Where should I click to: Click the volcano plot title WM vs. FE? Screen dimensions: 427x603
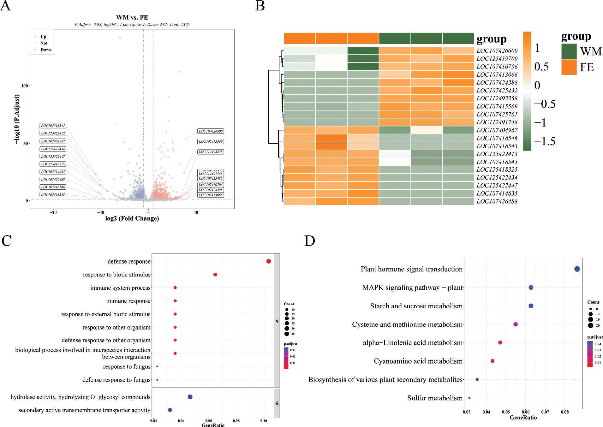coord(132,18)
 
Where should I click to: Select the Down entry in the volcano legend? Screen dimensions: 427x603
coord(46,50)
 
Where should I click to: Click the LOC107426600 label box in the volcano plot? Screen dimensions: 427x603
coord(211,131)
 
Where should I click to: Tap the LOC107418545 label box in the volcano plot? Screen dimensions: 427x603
coord(53,126)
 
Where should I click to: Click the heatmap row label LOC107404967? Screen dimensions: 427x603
coord(497,130)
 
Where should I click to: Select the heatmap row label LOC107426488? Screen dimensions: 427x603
coord(497,201)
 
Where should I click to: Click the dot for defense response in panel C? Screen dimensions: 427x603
coord(269,261)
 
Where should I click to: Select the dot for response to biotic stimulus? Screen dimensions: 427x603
coord(215,275)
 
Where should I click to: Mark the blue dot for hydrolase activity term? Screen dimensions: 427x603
coord(190,397)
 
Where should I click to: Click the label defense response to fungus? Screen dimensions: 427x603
coord(116,380)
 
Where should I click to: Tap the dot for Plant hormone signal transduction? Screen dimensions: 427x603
coord(577,269)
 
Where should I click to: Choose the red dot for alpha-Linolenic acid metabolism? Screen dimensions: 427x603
coord(500,342)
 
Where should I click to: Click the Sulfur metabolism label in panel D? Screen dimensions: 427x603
coord(435,398)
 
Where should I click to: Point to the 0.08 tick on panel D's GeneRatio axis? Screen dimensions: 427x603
coord(565,412)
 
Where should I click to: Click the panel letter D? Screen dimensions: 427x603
coord(310,241)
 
